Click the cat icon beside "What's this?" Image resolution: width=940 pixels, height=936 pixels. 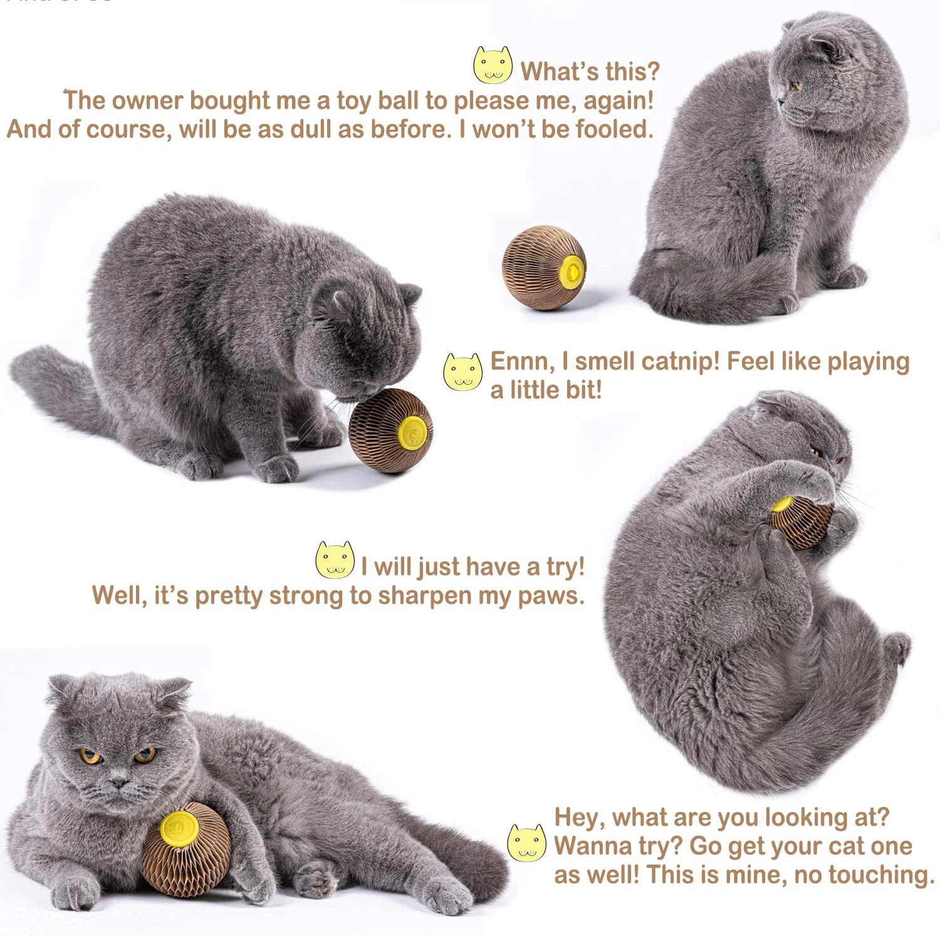pos(493,65)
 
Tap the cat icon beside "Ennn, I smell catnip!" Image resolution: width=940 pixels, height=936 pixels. pos(462,372)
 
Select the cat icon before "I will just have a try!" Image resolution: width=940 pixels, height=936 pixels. pos(335,559)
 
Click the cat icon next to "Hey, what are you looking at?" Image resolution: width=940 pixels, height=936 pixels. pos(526,843)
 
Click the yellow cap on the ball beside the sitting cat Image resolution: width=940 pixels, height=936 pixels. pos(572,271)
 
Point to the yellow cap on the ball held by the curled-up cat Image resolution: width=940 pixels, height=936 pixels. pos(782,504)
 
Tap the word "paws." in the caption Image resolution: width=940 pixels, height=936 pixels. pos(551,596)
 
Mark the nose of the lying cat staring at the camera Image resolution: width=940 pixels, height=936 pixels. pos(118,781)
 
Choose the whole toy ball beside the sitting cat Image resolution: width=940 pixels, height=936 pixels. pos(543,268)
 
